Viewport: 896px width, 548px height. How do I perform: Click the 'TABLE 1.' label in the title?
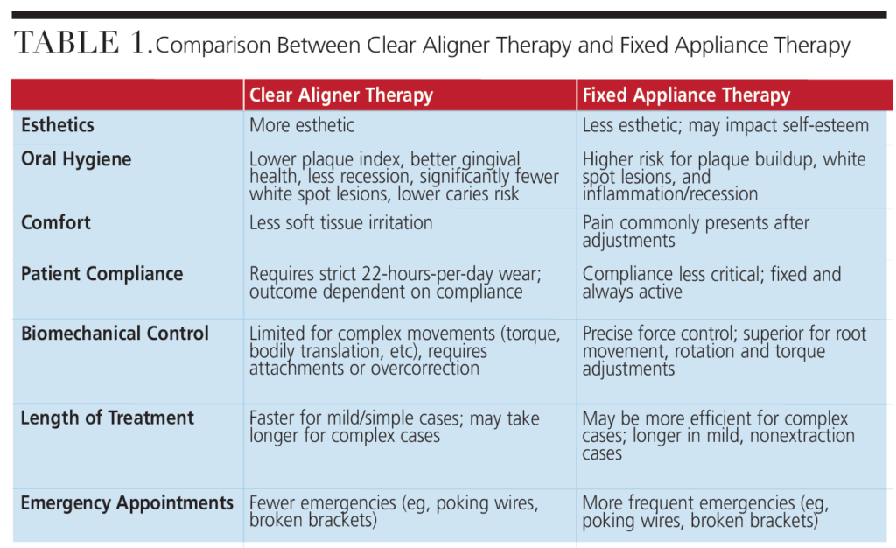[81, 45]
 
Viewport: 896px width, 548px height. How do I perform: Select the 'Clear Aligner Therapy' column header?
[340, 95]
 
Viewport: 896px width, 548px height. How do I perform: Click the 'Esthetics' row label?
[58, 125]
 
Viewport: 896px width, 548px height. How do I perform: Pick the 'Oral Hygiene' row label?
[76, 159]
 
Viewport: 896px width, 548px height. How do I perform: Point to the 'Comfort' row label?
[56, 222]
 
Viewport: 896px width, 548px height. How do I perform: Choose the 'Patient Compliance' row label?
[101, 274]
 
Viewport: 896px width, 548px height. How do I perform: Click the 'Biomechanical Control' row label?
[115, 334]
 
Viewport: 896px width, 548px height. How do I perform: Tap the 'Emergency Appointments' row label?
[127, 503]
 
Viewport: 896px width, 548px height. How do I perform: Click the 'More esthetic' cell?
[302, 125]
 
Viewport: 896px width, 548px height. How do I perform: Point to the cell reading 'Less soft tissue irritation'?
[340, 222]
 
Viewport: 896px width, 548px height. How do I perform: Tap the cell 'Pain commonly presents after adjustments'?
[696, 231]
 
